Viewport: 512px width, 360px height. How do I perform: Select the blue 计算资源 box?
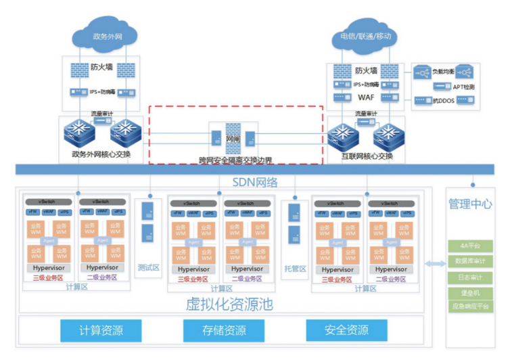click(101, 330)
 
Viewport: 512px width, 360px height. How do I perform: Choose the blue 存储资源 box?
click(225, 330)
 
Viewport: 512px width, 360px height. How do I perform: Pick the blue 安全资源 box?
click(347, 330)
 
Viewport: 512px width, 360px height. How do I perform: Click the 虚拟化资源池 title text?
click(229, 304)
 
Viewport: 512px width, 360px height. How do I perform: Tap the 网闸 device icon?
click(233, 137)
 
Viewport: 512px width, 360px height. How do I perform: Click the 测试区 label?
click(148, 267)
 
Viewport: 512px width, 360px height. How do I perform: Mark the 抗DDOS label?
click(444, 100)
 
